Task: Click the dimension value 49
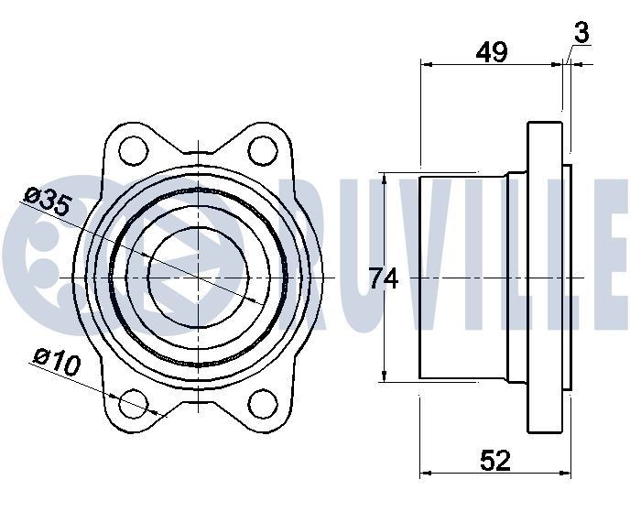492,52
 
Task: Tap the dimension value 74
384,278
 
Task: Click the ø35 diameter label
48,202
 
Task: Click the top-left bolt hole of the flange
134,148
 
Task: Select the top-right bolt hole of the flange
263,148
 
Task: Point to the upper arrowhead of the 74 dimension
385,180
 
